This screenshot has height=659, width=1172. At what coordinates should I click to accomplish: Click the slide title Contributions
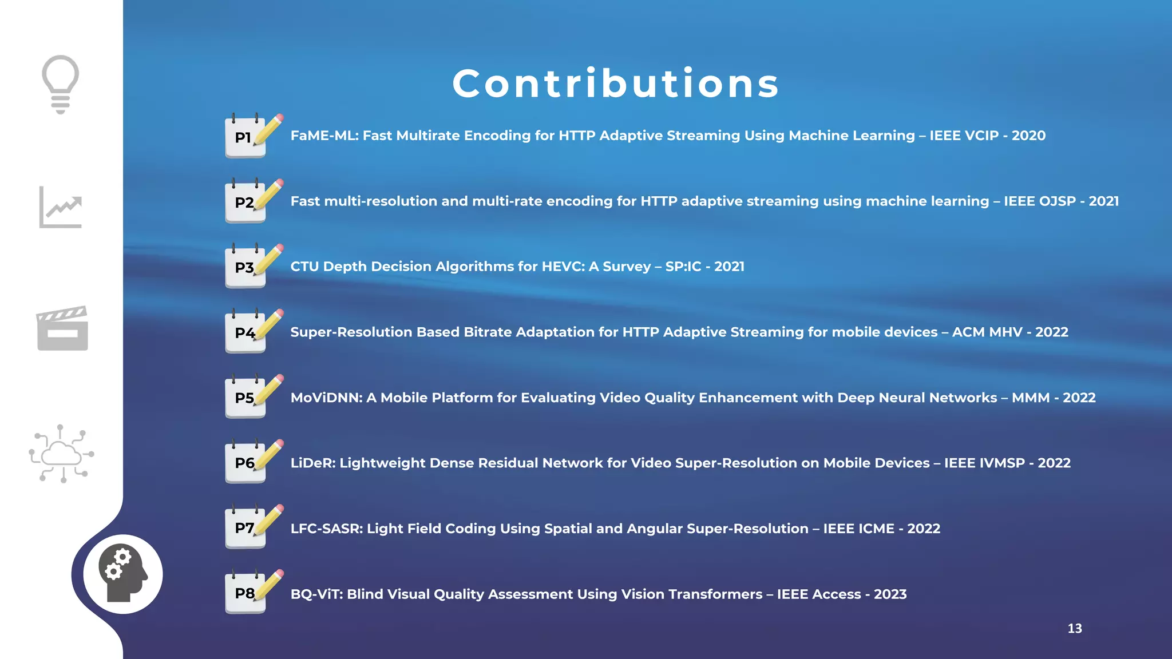[x=616, y=84]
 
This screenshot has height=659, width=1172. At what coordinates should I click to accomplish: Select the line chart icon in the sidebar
[x=61, y=207]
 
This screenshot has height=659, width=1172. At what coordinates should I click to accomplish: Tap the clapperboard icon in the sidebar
[x=62, y=328]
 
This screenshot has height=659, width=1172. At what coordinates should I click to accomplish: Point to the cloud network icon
[x=61, y=454]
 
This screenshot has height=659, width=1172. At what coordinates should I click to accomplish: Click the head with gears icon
[x=122, y=574]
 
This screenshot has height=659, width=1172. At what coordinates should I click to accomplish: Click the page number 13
[x=1075, y=629]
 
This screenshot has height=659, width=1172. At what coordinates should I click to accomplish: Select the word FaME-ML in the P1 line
[x=324, y=136]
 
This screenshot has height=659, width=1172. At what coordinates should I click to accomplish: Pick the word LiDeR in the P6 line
[x=313, y=463]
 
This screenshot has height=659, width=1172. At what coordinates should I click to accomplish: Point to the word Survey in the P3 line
[x=627, y=267]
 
